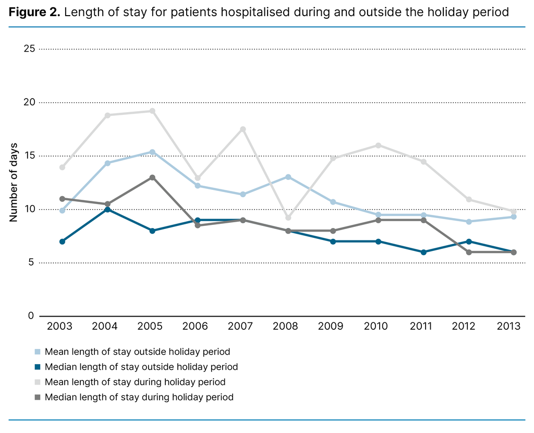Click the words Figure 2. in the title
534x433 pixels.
[x=34, y=12]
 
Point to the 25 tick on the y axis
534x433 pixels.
[x=29, y=49]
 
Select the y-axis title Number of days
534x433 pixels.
[x=14, y=182]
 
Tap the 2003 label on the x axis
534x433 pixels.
[x=60, y=327]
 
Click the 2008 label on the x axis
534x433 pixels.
[x=285, y=327]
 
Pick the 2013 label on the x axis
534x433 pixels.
[x=508, y=327]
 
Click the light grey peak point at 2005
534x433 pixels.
[x=152, y=111]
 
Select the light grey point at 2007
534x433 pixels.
[x=243, y=129]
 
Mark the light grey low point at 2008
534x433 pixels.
[x=288, y=218]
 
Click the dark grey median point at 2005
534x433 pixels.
[x=152, y=177]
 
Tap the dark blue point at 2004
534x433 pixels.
[x=107, y=209]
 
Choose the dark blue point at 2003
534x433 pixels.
[x=62, y=242]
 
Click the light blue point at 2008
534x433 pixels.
[x=288, y=177]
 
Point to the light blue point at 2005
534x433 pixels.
[x=152, y=152]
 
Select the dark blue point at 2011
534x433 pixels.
[x=423, y=252]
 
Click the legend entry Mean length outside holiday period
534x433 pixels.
[x=137, y=352]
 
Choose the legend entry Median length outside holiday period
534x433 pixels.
[x=141, y=367]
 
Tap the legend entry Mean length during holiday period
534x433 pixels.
[x=135, y=382]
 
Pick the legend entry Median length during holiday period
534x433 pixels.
[x=139, y=397]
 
